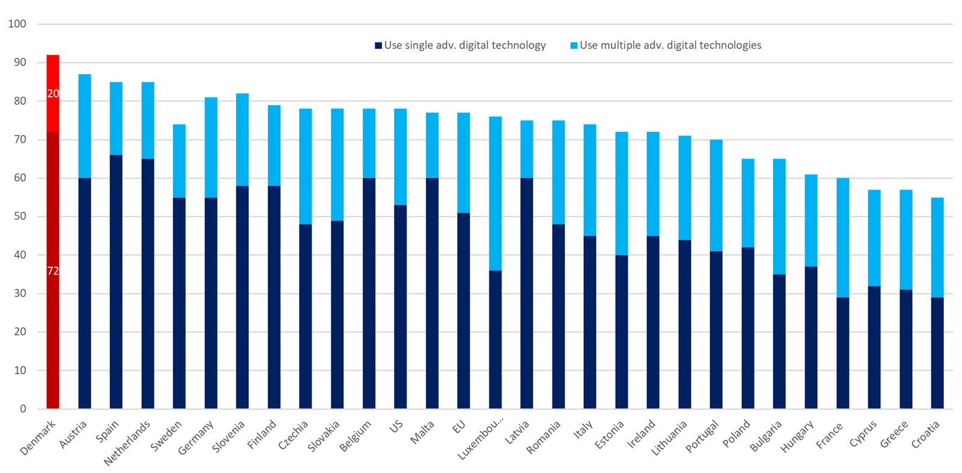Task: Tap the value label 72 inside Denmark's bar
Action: pyautogui.click(x=53, y=271)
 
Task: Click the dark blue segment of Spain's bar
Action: pyautogui.click(x=116, y=283)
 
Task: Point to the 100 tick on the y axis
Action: pyautogui.click(x=17, y=24)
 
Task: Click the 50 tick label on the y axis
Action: pyautogui.click(x=20, y=217)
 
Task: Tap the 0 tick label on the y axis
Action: pyautogui.click(x=23, y=409)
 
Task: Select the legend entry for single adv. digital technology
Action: pyautogui.click(x=460, y=45)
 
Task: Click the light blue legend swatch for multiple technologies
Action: pyautogui.click(x=574, y=46)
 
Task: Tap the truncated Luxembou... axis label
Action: pyautogui.click(x=481, y=441)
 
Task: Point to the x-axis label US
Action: pyautogui.click(x=396, y=427)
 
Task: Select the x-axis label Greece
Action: pyautogui.click(x=894, y=434)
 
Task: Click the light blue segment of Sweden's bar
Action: pyautogui.click(x=179, y=159)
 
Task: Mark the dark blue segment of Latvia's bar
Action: pyautogui.click(x=527, y=295)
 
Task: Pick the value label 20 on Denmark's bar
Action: pyautogui.click(x=53, y=94)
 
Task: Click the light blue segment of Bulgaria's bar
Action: pyautogui.click(x=779, y=217)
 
